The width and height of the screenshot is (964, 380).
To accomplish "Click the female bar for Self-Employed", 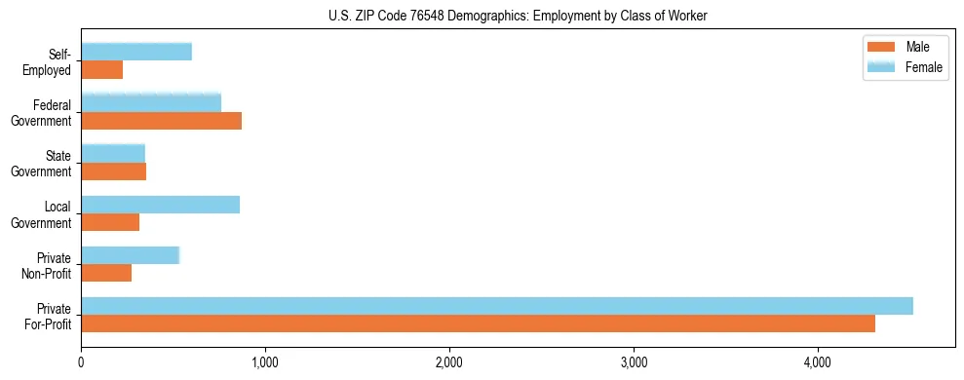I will pos(136,52).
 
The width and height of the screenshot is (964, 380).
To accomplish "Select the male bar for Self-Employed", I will pos(102,70).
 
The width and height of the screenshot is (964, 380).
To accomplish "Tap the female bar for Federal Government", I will pos(151,102).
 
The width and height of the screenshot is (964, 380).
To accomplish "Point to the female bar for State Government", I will pos(113,153).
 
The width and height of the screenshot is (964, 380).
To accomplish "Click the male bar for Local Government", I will pos(110,222).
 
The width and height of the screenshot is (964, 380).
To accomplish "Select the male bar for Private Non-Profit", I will pos(106,273).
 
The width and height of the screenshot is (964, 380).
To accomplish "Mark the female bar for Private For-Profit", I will pos(497,306).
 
